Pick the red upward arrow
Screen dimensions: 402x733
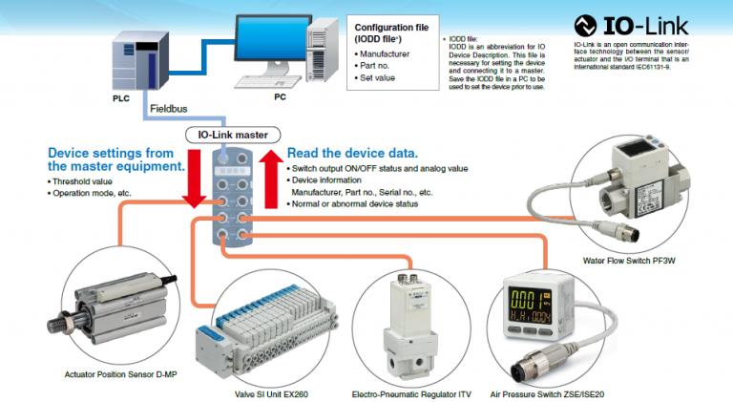270,178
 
